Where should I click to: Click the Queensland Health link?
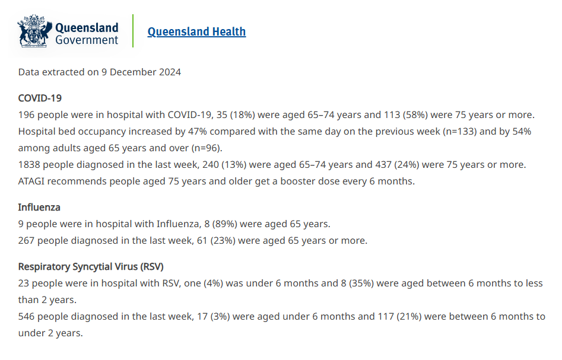click(196, 31)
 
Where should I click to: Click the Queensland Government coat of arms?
click(35, 31)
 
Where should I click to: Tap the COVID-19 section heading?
click(40, 98)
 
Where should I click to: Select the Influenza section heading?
click(39, 208)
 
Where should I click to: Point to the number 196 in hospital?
click(27, 114)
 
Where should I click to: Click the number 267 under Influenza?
click(27, 240)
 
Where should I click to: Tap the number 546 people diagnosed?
click(27, 317)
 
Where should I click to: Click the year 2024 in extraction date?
click(170, 72)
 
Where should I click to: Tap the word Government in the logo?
click(87, 40)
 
